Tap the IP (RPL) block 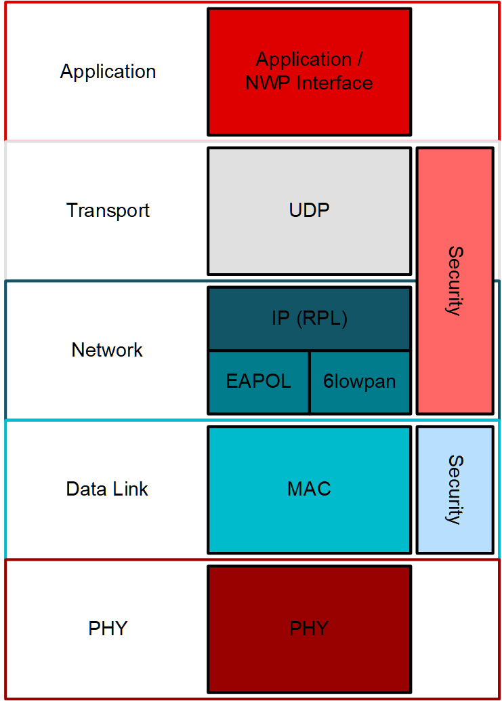[309, 319]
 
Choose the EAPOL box [258, 382]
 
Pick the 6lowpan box [360, 382]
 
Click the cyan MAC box [309, 489]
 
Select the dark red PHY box [309, 628]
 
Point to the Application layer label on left [108, 71]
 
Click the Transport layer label [108, 210]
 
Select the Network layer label [107, 350]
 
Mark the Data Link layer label [107, 489]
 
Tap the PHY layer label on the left [108, 628]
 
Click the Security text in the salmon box [455, 281]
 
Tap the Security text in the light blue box [455, 489]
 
